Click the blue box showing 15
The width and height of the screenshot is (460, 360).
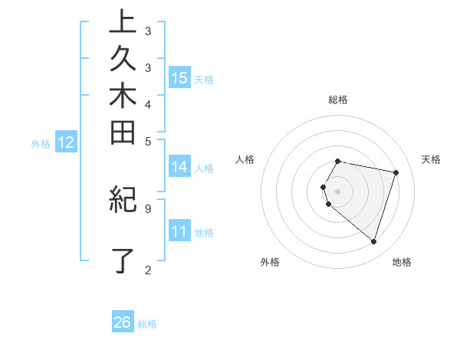click(179, 77)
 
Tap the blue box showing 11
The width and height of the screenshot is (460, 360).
click(179, 231)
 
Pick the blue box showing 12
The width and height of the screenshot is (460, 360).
click(66, 142)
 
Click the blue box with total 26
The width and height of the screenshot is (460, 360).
click(123, 322)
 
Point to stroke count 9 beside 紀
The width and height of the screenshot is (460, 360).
click(148, 208)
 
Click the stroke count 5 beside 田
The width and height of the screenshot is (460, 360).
click(148, 141)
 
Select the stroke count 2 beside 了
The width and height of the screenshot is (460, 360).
click(148, 269)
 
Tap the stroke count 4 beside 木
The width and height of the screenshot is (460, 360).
click(148, 104)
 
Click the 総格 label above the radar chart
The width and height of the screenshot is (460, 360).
click(338, 100)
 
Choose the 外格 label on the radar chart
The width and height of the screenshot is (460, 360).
click(270, 262)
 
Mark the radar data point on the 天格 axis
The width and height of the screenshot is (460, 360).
click(396, 172)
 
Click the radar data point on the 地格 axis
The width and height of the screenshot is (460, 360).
click(373, 241)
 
